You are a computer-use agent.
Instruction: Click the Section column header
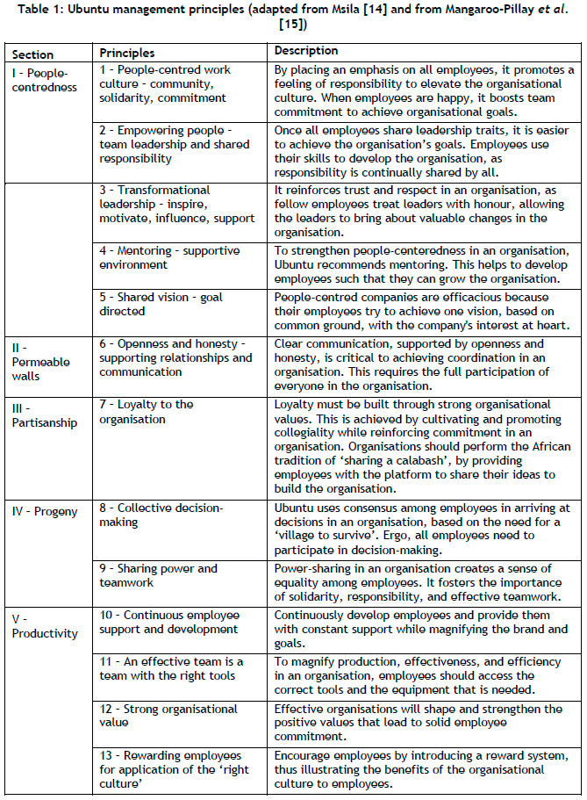[x=32, y=54]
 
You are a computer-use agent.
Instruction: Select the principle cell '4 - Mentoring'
[x=166, y=257]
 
